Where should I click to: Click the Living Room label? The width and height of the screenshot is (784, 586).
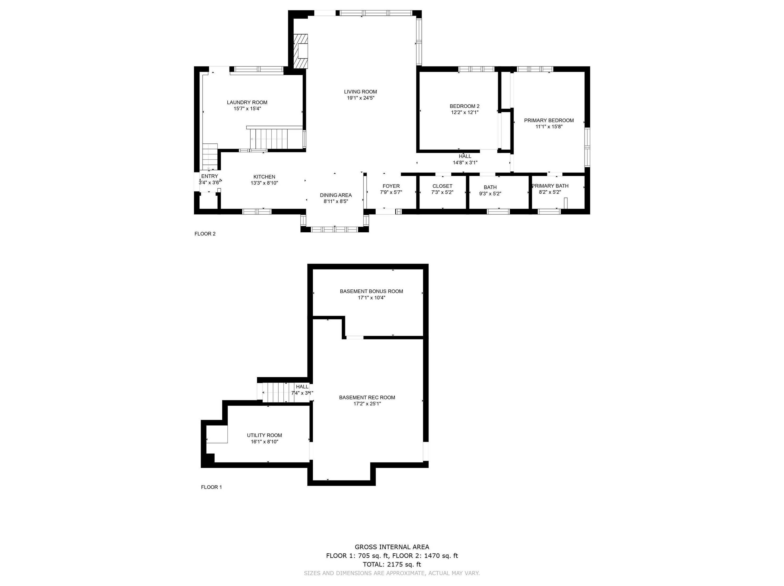[x=360, y=92]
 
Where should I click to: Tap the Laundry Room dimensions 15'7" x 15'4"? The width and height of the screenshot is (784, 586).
[x=247, y=109]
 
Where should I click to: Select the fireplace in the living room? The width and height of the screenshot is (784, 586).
[x=300, y=51]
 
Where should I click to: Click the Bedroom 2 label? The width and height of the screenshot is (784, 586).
[x=464, y=106]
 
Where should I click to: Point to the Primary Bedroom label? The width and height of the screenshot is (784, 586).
[x=549, y=121]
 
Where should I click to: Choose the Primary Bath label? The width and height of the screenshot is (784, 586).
[x=550, y=186]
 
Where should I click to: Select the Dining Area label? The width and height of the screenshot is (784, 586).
[x=336, y=195]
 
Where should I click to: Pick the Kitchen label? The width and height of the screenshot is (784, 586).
[x=264, y=177]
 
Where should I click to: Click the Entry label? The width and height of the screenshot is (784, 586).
[x=209, y=176]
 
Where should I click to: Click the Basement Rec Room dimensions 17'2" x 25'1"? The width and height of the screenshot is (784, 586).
[x=367, y=404]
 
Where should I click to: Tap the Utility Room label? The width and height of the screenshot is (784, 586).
[x=264, y=435]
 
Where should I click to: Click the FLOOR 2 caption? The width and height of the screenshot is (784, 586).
[x=205, y=234]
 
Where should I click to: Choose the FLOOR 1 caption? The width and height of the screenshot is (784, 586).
[x=211, y=487]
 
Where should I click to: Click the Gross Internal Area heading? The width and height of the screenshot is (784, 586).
[x=392, y=547]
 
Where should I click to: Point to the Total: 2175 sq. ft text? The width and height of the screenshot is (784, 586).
[x=392, y=564]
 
